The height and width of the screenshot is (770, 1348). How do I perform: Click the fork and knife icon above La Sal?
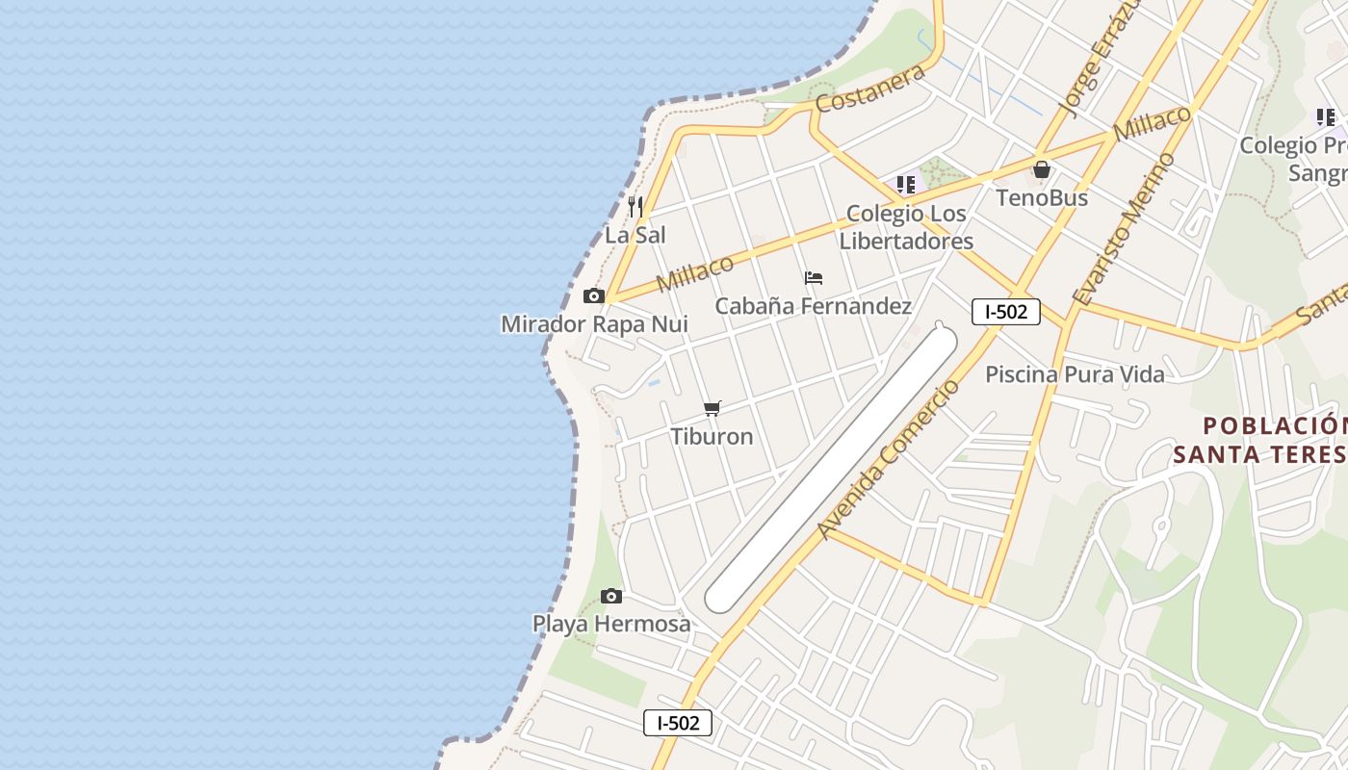pos(635,206)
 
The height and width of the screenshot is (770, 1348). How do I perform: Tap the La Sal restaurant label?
pos(635,235)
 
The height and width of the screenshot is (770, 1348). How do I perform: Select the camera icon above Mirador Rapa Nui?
pos(594,295)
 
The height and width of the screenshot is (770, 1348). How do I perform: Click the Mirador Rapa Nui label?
pos(594,324)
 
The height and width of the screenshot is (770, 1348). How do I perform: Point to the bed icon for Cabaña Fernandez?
pos(814,278)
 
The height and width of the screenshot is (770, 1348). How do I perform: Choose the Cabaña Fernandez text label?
pos(814,306)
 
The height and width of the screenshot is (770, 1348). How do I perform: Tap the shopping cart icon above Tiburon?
pos(713,408)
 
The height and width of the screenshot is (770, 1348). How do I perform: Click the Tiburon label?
pos(713,436)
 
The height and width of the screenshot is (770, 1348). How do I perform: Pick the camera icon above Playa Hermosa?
pos(611,596)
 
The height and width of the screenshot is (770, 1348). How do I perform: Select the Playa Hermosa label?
pos(611,624)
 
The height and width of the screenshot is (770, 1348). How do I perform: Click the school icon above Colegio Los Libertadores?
pos(906,184)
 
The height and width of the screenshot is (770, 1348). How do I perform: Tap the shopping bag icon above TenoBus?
pos(1042,170)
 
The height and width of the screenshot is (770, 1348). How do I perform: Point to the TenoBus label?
pos(1042,198)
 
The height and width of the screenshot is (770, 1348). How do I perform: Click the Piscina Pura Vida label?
pos(1075,374)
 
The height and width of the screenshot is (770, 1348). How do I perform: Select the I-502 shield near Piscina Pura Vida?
pos(1005,312)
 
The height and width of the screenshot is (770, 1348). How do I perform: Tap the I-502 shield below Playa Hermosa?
pos(678,723)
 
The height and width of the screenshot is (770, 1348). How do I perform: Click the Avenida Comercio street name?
pos(889,459)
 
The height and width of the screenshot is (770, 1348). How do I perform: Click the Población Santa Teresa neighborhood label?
pos(1261,439)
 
